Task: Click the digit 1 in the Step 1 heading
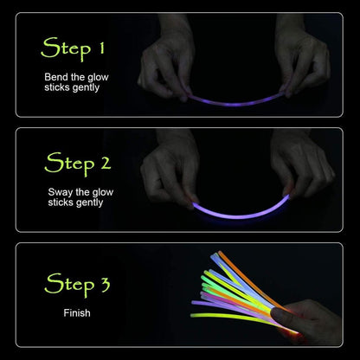(x=101, y=48)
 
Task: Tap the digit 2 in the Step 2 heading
(x=106, y=163)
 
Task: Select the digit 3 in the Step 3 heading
(x=106, y=285)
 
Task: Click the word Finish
(x=77, y=313)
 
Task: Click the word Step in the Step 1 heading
(x=66, y=48)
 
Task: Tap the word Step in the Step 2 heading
(x=69, y=164)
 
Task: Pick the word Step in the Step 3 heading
(x=69, y=285)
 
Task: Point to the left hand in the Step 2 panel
(x=170, y=173)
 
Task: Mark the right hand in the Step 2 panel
(x=301, y=167)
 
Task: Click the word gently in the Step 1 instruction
(x=86, y=87)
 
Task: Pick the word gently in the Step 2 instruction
(x=89, y=203)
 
